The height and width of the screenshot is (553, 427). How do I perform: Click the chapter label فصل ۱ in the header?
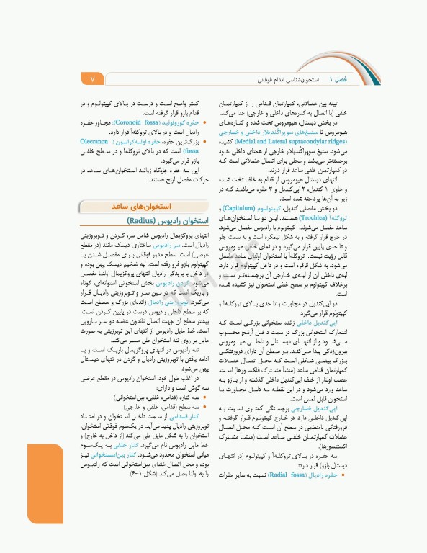(x=338, y=77)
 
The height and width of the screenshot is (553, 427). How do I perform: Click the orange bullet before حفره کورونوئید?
(x=204, y=123)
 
